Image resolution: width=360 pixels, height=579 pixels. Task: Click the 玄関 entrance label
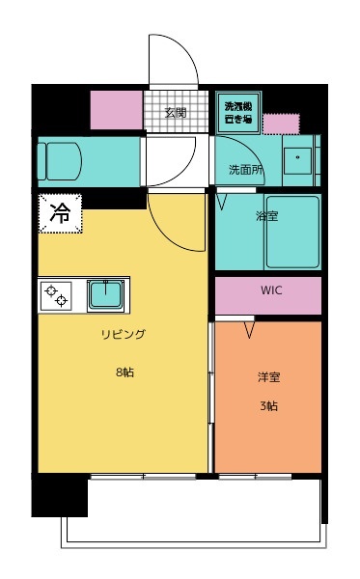(175, 112)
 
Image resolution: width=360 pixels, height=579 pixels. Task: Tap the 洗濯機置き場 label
(237, 112)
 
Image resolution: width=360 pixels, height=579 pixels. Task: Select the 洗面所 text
(245, 169)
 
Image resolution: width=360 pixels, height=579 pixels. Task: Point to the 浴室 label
(267, 216)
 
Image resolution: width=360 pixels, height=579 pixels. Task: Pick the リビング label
(123, 334)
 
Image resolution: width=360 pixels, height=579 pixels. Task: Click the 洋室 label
(268, 377)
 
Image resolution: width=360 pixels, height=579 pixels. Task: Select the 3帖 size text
(268, 406)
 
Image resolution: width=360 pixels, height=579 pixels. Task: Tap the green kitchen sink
(103, 293)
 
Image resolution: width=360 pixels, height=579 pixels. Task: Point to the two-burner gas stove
(56, 294)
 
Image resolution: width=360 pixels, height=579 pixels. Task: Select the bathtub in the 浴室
(291, 233)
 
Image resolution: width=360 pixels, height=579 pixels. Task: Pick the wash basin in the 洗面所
(297, 158)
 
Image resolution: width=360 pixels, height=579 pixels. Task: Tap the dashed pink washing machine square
(281, 124)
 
